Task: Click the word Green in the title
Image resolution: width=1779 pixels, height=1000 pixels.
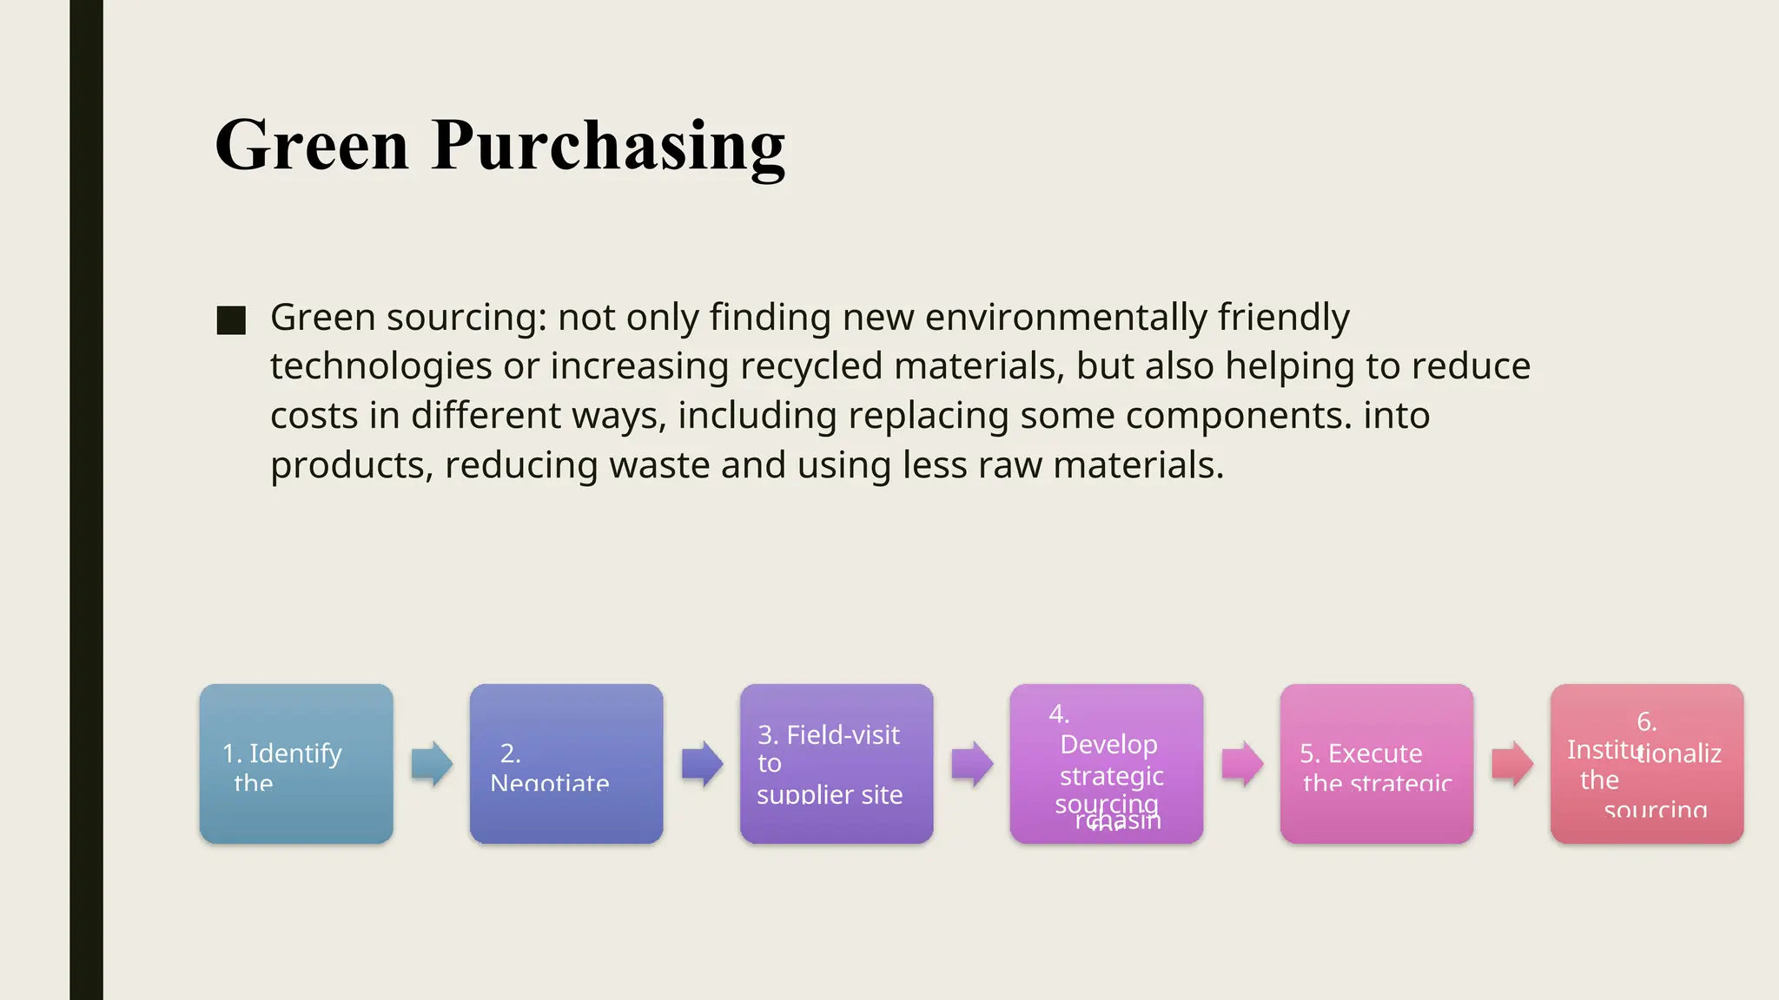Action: [311, 145]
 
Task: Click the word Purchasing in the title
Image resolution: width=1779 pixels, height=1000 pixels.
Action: [608, 145]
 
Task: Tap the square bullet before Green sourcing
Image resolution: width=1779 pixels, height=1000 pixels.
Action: [231, 320]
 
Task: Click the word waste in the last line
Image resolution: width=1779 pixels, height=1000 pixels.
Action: [659, 465]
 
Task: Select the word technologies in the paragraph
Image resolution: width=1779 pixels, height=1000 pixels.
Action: [380, 366]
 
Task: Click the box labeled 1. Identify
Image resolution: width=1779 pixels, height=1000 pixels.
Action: [296, 763]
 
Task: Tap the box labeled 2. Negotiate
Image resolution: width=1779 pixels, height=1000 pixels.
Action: [566, 763]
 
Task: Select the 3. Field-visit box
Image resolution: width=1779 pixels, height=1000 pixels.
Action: [837, 763]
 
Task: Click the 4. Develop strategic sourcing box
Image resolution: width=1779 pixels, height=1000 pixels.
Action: [1107, 763]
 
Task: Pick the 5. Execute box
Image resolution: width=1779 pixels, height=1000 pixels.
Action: [1377, 763]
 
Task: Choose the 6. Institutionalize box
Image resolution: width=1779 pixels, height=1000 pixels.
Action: [1647, 763]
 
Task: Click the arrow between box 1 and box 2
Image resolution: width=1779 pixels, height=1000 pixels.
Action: [432, 764]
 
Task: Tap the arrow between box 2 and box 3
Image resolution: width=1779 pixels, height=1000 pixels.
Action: [702, 764]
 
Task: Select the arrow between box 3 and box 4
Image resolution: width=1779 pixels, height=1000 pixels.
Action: [972, 764]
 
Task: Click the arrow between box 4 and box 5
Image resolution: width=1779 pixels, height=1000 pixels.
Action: [1242, 764]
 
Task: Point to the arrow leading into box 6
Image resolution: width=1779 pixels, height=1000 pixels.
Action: [1512, 764]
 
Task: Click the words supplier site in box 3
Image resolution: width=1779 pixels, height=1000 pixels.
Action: [830, 794]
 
